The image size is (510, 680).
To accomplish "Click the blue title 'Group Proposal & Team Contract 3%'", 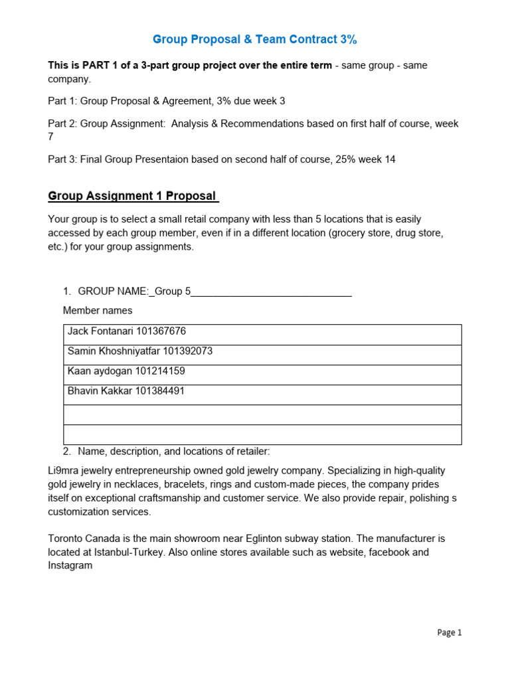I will (255, 40).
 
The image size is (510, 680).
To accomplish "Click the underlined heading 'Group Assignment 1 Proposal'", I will (133, 196).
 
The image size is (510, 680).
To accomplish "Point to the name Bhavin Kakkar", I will (100, 391).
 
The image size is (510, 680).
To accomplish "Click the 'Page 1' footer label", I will (450, 633).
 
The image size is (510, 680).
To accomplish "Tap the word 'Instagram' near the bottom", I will (70, 565).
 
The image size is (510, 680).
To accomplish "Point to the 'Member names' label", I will (97, 310).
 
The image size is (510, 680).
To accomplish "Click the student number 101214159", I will (160, 371).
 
